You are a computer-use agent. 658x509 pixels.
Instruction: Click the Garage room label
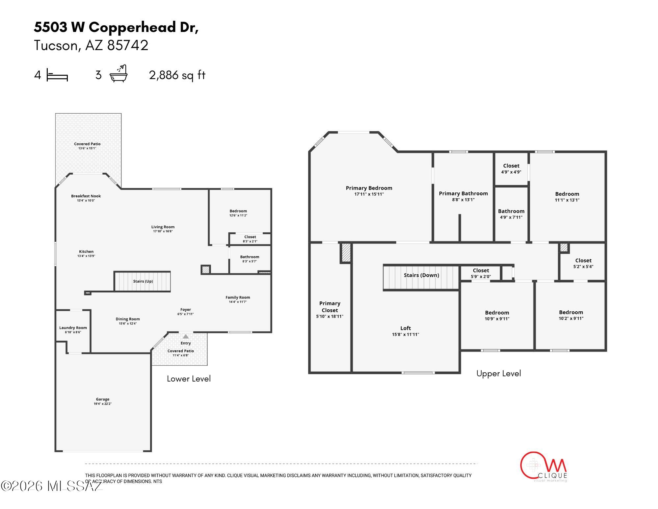(x=102, y=399)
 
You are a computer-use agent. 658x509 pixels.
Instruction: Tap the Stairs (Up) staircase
(x=143, y=281)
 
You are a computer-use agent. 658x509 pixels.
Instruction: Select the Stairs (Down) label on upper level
(x=421, y=275)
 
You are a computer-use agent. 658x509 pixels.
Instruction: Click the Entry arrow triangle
(x=186, y=336)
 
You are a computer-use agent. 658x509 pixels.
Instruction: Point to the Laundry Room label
(x=73, y=328)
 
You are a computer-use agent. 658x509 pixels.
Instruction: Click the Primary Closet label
(x=329, y=307)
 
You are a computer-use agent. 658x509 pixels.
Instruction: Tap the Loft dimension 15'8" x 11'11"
(x=405, y=334)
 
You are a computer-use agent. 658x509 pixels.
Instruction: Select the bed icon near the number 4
(x=57, y=75)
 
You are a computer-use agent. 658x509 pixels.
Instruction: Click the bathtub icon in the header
(x=118, y=74)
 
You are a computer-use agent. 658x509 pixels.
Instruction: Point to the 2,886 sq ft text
(x=177, y=75)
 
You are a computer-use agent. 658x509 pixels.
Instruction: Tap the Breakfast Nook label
(x=86, y=196)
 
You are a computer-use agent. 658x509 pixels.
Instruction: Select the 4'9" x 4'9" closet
(x=511, y=169)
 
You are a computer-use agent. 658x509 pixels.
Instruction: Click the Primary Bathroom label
(x=463, y=193)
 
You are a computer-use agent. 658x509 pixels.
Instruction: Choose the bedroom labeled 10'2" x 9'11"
(x=571, y=315)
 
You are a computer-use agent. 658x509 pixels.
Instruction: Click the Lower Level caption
(x=189, y=379)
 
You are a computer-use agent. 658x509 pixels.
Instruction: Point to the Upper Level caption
(x=498, y=373)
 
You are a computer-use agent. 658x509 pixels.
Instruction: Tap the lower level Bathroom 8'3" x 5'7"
(x=250, y=259)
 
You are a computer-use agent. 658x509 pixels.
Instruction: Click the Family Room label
(x=238, y=297)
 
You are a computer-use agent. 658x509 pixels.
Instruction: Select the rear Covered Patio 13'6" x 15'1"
(x=87, y=146)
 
